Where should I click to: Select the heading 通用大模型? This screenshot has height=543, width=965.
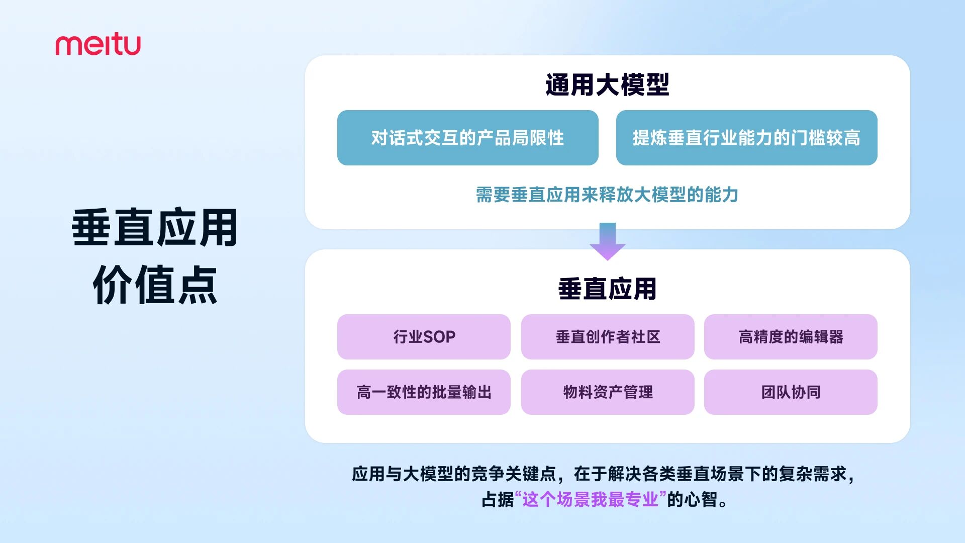pyautogui.click(x=607, y=84)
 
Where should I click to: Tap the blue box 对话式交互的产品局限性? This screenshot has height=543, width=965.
pyautogui.click(x=467, y=138)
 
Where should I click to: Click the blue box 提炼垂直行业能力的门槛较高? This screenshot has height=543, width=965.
pyautogui.click(x=746, y=138)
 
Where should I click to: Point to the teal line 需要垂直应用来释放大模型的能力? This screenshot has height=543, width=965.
pyautogui.click(x=607, y=195)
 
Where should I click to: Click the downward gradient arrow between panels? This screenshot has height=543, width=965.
pyautogui.click(x=607, y=241)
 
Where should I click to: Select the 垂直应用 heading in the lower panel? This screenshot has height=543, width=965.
pyautogui.click(x=607, y=289)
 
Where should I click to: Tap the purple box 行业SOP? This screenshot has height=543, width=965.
pyautogui.click(x=424, y=337)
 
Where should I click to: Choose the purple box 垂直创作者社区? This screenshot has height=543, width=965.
pyautogui.click(x=607, y=337)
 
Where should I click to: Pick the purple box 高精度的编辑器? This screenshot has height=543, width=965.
pyautogui.click(x=791, y=337)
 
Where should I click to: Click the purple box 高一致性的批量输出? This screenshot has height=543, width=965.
pyautogui.click(x=424, y=392)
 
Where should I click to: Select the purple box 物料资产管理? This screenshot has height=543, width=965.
pyautogui.click(x=607, y=392)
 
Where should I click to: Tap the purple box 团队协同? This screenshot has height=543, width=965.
pyautogui.click(x=791, y=392)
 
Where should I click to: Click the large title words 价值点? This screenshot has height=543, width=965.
pyautogui.click(x=155, y=285)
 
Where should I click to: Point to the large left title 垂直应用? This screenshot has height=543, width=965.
pyautogui.click(x=155, y=228)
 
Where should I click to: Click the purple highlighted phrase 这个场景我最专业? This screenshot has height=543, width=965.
pyautogui.click(x=591, y=500)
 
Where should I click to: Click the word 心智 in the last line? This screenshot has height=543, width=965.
pyautogui.click(x=701, y=500)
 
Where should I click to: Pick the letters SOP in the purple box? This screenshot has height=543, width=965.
pyautogui.click(x=439, y=337)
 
